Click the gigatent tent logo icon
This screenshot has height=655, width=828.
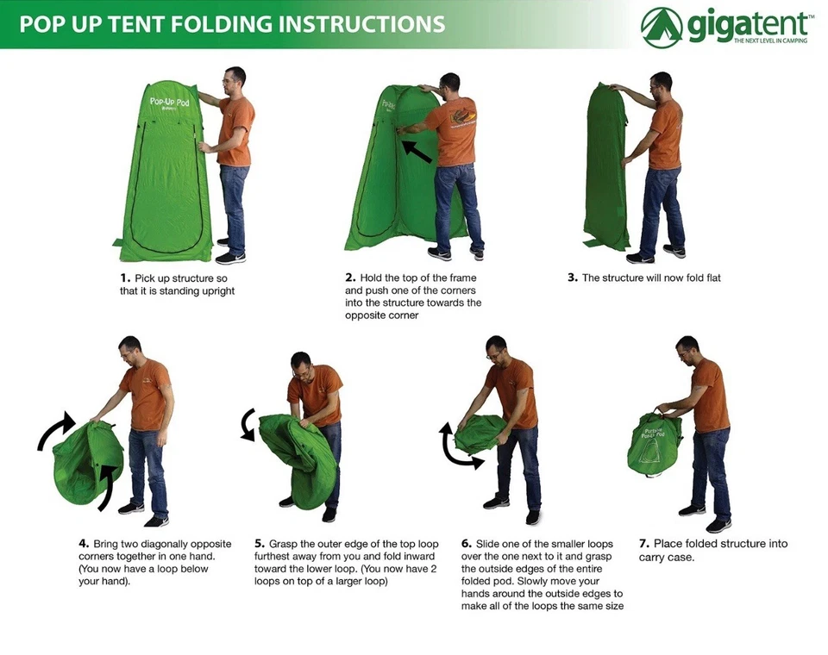point(662,28)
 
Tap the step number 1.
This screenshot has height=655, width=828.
point(124,278)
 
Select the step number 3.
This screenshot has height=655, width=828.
point(573,278)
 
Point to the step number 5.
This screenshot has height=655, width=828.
point(259,545)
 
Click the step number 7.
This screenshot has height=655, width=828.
point(643,544)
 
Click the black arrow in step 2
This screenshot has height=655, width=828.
point(417,151)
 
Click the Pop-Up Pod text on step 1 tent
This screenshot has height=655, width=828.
point(168,102)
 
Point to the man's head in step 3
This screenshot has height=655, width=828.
point(662,83)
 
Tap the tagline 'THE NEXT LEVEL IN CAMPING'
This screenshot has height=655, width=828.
point(770,41)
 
